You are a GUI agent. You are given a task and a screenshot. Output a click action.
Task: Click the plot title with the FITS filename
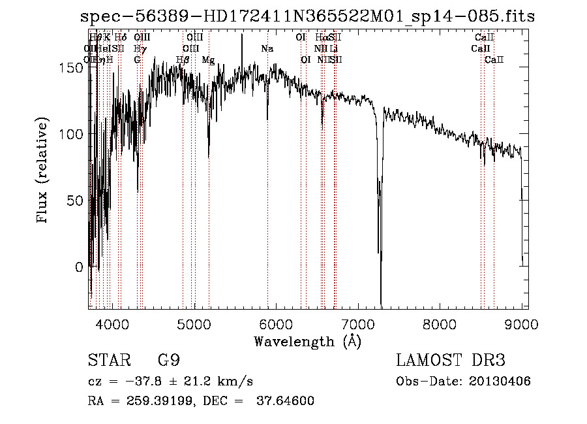tap(307, 16)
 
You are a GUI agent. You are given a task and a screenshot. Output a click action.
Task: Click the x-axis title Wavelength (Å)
tap(307, 341)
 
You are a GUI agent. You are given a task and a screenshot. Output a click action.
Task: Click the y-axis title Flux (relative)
tap(44, 171)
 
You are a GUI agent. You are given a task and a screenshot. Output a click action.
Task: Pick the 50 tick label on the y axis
tap(77, 201)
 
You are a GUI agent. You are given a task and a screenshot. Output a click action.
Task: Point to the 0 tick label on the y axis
tap(80, 267)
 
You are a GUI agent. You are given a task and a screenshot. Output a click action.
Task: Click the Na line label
tap(267, 49)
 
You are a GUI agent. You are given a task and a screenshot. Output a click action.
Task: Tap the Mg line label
tap(208, 60)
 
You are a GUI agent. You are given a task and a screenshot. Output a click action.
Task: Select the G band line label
tap(137, 60)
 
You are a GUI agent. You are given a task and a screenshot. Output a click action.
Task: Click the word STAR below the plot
tap(107, 361)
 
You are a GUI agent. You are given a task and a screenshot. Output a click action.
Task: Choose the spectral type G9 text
tap(169, 361)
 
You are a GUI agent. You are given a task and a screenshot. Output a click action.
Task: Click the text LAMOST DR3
tap(451, 361)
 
